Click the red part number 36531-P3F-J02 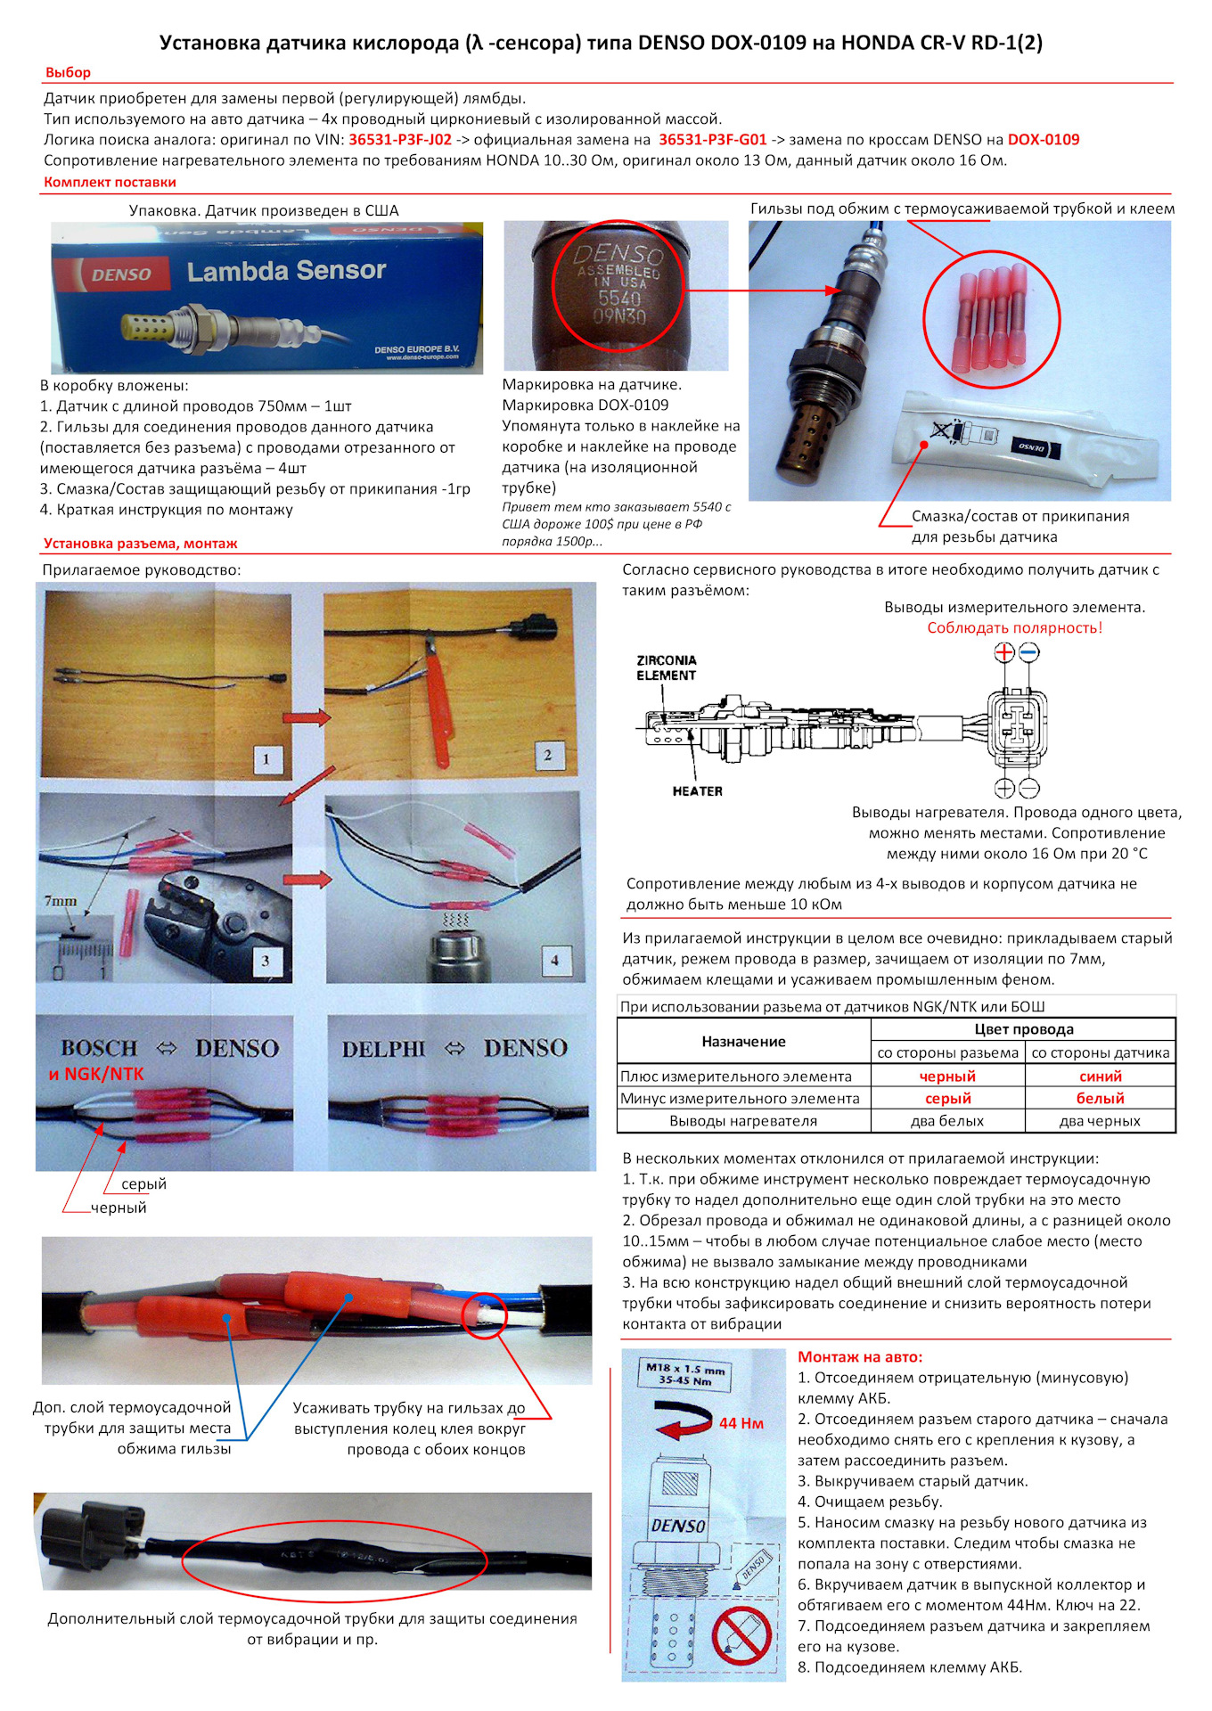click(x=400, y=140)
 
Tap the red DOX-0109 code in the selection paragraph click(x=1044, y=140)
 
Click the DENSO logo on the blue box click(x=122, y=274)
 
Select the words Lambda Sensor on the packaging click(x=286, y=271)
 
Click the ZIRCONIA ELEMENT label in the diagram click(x=667, y=668)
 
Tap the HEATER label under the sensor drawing click(x=698, y=791)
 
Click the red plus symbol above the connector click(x=1004, y=652)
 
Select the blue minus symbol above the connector click(x=1028, y=652)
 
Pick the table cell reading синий click(x=1101, y=1077)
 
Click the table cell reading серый click(x=947, y=1099)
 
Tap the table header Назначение click(x=743, y=1042)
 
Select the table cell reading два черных click(x=1100, y=1121)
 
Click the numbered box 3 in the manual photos click(x=266, y=961)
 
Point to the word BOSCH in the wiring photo click(x=99, y=1048)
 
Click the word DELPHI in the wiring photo click(x=384, y=1049)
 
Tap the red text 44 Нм click(x=741, y=1423)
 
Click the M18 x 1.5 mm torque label click(x=685, y=1373)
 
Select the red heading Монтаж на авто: click(x=860, y=1357)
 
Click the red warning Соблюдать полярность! click(x=1014, y=628)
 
